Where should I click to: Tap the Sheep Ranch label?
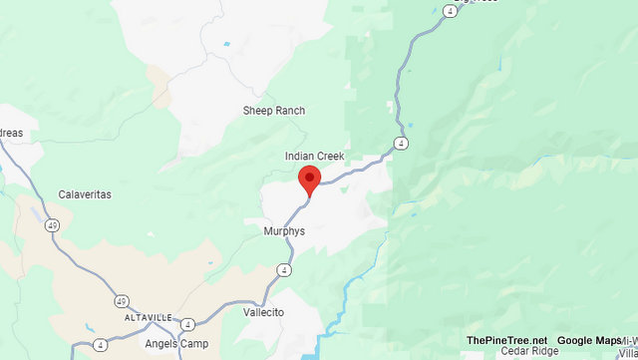pos(274,111)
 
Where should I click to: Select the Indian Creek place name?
pos(314,157)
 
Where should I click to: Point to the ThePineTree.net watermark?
pos(506,340)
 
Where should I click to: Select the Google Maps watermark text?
pos(588,340)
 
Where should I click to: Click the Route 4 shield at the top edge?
pos(452,11)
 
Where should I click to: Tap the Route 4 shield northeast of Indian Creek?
pos(401,143)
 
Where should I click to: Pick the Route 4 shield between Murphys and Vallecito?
pos(285,269)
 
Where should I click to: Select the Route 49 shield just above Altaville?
pos(122,300)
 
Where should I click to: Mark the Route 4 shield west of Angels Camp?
pos(101,345)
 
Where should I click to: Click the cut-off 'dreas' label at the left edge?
pos(18,134)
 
